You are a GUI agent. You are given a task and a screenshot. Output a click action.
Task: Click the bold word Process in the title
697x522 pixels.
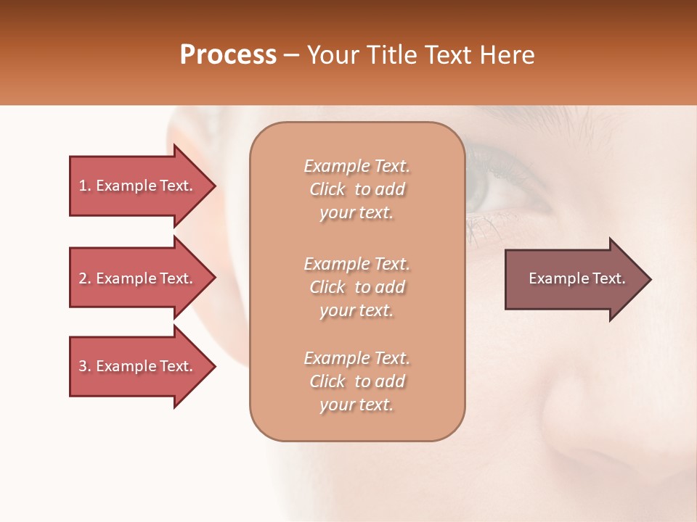click(x=228, y=55)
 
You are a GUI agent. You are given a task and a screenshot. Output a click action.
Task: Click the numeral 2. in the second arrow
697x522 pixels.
click(x=85, y=278)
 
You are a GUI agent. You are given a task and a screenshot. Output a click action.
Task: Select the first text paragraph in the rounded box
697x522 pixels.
click(x=356, y=189)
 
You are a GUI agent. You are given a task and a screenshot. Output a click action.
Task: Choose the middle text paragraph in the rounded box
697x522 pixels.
click(x=356, y=287)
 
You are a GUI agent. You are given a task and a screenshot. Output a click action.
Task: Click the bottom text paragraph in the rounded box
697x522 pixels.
click(x=356, y=381)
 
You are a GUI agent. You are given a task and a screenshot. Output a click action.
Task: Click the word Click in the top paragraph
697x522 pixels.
click(x=327, y=190)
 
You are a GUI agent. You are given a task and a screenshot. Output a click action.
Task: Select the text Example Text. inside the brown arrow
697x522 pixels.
click(x=577, y=278)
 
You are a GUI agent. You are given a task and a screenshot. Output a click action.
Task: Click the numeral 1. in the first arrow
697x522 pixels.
click(x=85, y=186)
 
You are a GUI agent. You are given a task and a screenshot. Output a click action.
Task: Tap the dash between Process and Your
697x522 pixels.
click(x=292, y=55)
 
